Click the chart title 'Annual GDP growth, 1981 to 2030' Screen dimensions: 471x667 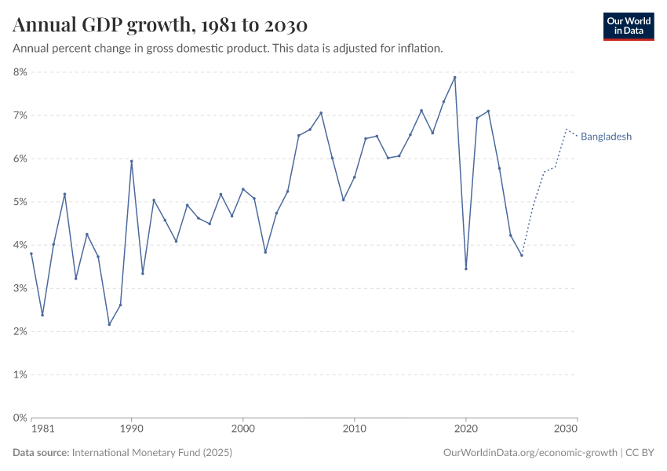159,25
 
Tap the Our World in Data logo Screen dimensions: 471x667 628,26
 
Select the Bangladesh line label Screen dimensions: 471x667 606,137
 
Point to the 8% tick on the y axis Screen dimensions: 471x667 19,72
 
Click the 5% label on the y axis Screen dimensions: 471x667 19,202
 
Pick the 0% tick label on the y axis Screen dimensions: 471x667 19,418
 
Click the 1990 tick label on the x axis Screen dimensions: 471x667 131,429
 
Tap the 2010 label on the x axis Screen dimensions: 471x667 355,429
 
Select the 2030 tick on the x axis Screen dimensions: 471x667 567,429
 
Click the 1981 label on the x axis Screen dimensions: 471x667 42,429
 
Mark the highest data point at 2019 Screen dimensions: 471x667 454,77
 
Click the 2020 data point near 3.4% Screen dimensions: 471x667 466,268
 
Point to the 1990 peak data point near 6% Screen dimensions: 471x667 131,161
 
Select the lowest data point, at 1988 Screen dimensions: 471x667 109,324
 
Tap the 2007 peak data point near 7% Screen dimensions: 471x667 321,113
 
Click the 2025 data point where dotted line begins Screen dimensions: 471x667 521,255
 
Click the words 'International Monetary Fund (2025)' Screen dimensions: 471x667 151,453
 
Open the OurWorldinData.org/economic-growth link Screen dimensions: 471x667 530,453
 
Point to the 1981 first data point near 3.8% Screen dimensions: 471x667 31,254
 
